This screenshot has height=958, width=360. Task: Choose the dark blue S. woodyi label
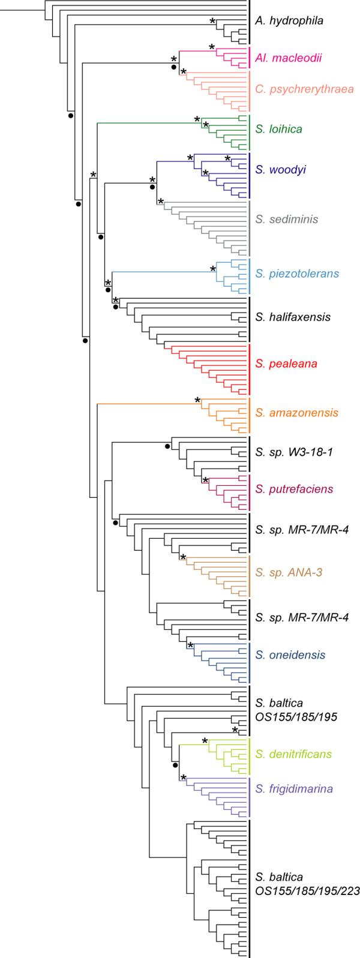pyautogui.click(x=278, y=171)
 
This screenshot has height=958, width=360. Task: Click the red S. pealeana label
pyautogui.click(x=285, y=364)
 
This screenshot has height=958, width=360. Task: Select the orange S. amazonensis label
pyautogui.click(x=296, y=413)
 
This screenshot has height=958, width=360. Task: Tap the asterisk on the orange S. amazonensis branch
pyautogui.click(x=197, y=400)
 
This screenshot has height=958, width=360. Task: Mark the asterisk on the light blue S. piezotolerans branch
pyautogui.click(x=213, y=269)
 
